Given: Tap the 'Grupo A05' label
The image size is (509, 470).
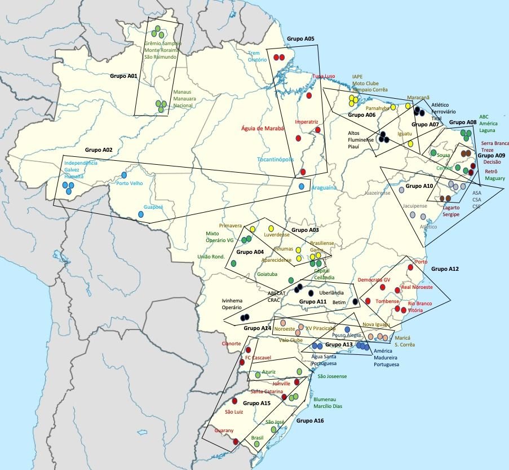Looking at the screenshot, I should tap(300, 39).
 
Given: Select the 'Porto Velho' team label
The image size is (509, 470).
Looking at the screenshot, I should tap(129, 183).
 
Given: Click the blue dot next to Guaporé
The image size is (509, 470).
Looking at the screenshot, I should tap(141, 214).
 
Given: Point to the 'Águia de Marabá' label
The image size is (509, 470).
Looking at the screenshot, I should tap(263, 128).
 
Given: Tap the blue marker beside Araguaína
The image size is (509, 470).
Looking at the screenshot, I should tap(302, 186).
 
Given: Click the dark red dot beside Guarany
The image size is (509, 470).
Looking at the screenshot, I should tap(236, 442).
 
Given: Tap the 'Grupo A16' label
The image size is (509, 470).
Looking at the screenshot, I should tap(310, 420).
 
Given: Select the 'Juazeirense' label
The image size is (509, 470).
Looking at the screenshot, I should tap(378, 192).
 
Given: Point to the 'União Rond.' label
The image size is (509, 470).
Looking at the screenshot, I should tap(211, 257).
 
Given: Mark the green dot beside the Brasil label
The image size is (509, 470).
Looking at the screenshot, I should tap(257, 445).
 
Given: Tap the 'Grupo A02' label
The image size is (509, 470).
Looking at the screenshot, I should tap(99, 151).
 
